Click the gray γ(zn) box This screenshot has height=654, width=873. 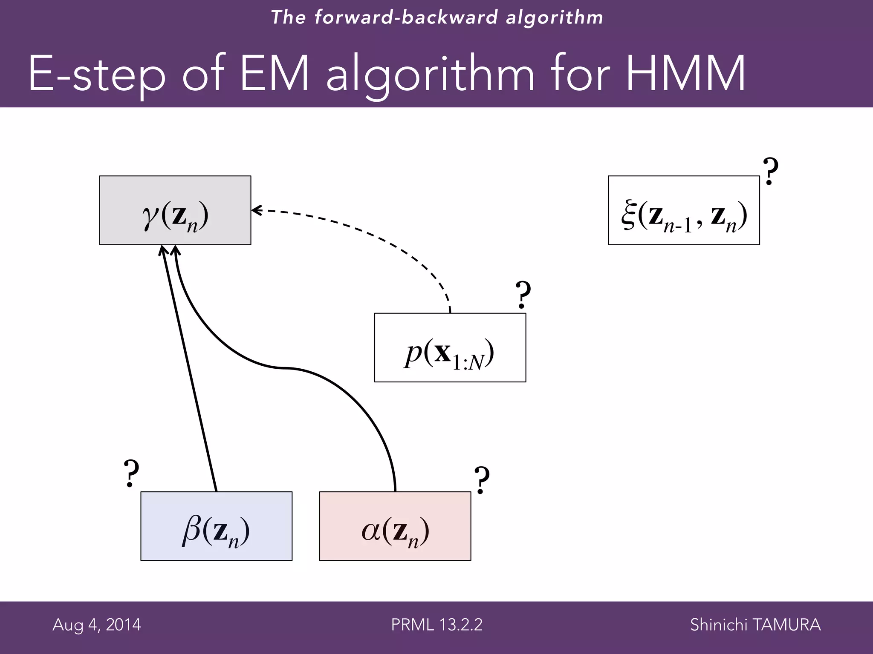tap(175, 210)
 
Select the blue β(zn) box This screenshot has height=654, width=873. tap(216, 526)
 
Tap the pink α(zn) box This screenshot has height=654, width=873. tap(395, 526)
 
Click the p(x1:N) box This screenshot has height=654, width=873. tap(450, 347)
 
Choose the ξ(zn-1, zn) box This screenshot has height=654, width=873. tap(683, 210)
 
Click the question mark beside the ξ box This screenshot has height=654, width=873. tap(770, 171)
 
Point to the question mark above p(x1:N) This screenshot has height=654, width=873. tap(523, 295)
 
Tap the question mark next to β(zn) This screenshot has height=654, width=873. tap(131, 473)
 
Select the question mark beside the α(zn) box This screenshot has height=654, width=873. tap(481, 480)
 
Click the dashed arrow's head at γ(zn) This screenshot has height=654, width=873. tap(256, 210)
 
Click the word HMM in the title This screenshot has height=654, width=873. tap(685, 73)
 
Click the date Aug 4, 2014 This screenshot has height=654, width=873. tap(97, 625)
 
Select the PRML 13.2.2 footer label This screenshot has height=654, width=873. tap(436, 625)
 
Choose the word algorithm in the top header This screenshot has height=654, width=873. tap(554, 17)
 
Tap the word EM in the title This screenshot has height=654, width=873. tap(275, 73)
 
